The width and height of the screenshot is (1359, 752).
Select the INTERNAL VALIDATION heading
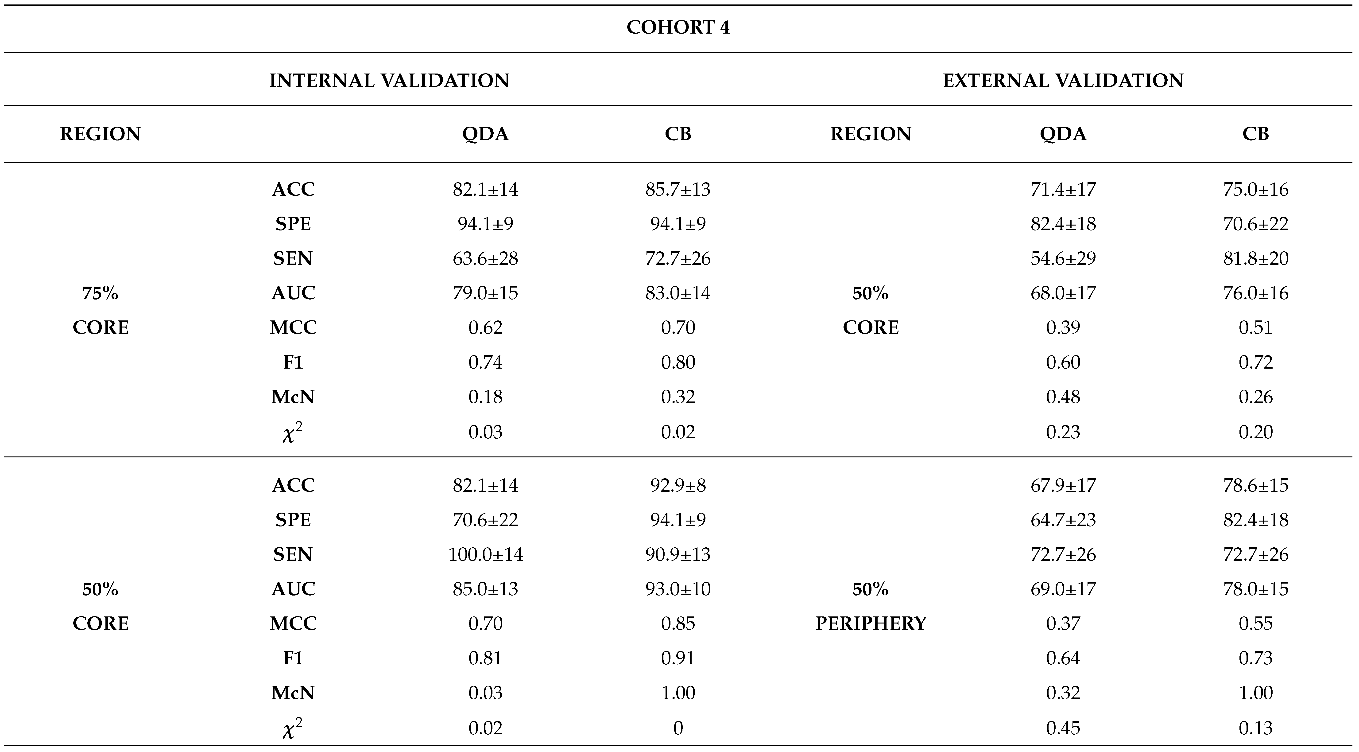(x=389, y=81)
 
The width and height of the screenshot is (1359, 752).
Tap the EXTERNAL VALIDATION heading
(x=1063, y=81)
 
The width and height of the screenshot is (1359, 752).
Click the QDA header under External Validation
(x=1063, y=134)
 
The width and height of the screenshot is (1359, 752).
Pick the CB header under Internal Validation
(x=678, y=134)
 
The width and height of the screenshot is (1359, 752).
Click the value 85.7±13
(x=678, y=189)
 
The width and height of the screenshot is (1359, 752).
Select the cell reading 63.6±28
(x=485, y=259)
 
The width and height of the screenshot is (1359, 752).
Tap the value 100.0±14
(x=485, y=555)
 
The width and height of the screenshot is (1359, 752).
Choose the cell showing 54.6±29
(x=1063, y=259)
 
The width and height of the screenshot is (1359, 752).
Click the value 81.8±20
(x=1256, y=259)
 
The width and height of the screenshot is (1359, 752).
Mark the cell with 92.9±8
(x=678, y=486)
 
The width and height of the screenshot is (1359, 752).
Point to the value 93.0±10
(x=678, y=589)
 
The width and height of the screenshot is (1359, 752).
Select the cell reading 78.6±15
(x=1256, y=486)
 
